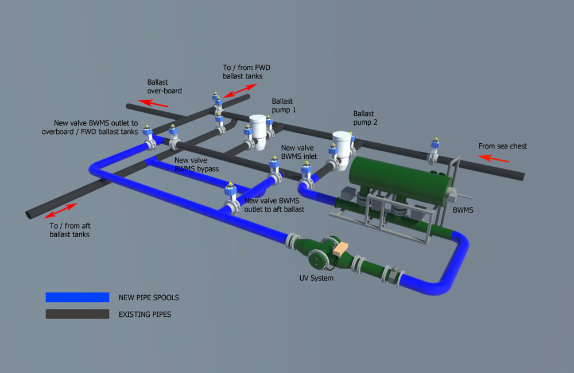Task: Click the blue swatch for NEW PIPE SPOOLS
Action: (77, 297)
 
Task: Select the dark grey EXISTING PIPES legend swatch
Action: (77, 314)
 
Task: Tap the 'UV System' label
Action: (316, 278)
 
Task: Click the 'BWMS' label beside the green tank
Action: (463, 210)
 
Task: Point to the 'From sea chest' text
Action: (502, 146)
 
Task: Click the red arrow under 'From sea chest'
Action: (493, 158)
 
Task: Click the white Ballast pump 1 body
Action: (260, 130)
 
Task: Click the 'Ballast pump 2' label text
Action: (365, 118)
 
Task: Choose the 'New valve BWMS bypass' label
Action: (196, 164)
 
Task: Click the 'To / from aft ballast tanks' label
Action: (69, 230)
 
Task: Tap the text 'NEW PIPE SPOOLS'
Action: (152, 297)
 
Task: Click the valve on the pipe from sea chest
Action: (435, 151)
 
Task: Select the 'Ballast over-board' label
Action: (164, 87)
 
